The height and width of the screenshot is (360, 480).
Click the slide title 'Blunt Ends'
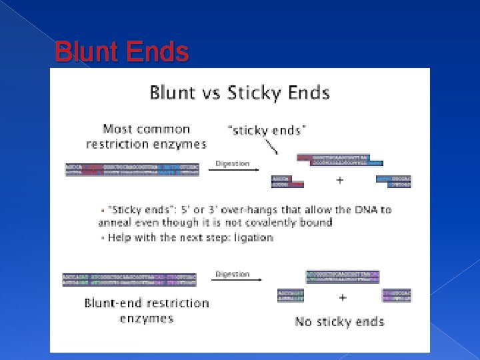pyautogui.click(x=122, y=52)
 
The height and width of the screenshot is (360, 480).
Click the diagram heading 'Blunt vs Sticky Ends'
pyautogui.click(x=239, y=92)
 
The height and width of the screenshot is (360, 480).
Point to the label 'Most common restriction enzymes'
pyautogui.click(x=146, y=137)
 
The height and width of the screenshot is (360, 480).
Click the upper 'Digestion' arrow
pyautogui.click(x=233, y=169)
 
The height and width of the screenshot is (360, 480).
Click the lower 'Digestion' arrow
pyautogui.click(x=233, y=280)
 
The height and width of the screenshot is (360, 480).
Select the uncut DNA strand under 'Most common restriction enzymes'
pyautogui.click(x=132, y=169)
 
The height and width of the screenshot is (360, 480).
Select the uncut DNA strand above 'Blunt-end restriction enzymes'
pyautogui.click(x=129, y=279)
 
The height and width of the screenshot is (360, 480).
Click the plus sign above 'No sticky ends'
pyautogui.click(x=342, y=297)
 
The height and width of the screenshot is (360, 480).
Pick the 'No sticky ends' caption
pyautogui.click(x=339, y=322)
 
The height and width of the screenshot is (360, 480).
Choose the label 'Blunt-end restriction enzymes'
pyautogui.click(x=147, y=311)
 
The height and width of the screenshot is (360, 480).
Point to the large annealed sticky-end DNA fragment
pyautogui.click(x=339, y=160)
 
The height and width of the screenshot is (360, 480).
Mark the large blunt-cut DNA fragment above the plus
pyautogui.click(x=343, y=276)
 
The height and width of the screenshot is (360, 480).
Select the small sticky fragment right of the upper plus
pyautogui.click(x=394, y=181)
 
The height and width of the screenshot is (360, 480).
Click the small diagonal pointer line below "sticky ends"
pyautogui.click(x=272, y=145)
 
